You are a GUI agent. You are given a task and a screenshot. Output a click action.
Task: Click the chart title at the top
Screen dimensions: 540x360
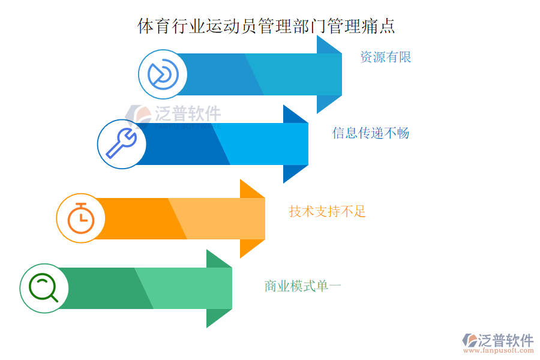pyautogui.click(x=266, y=26)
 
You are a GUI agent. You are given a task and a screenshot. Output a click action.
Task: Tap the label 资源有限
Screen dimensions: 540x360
pyautogui.click(x=386, y=57)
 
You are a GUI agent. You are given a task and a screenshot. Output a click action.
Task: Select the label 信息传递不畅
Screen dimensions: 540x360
pyautogui.click(x=371, y=133)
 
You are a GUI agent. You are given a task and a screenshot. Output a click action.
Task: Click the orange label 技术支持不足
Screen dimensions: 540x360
pyautogui.click(x=327, y=211)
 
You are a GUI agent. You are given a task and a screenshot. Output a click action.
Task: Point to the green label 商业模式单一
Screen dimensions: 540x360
pyautogui.click(x=303, y=286)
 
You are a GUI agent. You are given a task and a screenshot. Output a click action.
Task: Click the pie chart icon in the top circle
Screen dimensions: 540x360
pyautogui.click(x=163, y=74)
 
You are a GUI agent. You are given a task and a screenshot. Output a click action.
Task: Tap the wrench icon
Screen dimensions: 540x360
pyautogui.click(x=121, y=143)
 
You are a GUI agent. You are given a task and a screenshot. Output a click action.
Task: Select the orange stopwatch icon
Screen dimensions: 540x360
pyautogui.click(x=81, y=218)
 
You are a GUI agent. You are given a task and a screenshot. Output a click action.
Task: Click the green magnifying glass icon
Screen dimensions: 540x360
pyautogui.click(x=43, y=287)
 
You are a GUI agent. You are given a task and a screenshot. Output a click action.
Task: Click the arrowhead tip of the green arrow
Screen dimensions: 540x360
pyautogui.click(x=232, y=289)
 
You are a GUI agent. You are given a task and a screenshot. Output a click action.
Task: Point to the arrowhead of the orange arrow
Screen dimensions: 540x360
pyautogui.click(x=253, y=218)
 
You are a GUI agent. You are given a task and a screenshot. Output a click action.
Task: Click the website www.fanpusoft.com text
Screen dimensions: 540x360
pyautogui.click(x=498, y=350)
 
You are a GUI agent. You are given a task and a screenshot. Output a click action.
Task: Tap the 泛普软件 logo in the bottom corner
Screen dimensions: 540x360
pyautogui.click(x=498, y=340)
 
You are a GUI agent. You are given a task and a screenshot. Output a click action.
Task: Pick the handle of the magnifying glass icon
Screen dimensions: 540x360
pyautogui.click(x=54, y=298)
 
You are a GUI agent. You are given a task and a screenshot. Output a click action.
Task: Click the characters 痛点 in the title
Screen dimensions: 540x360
pyautogui.click(x=378, y=26)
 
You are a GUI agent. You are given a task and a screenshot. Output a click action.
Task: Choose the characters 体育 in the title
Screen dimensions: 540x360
pyautogui.click(x=154, y=26)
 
